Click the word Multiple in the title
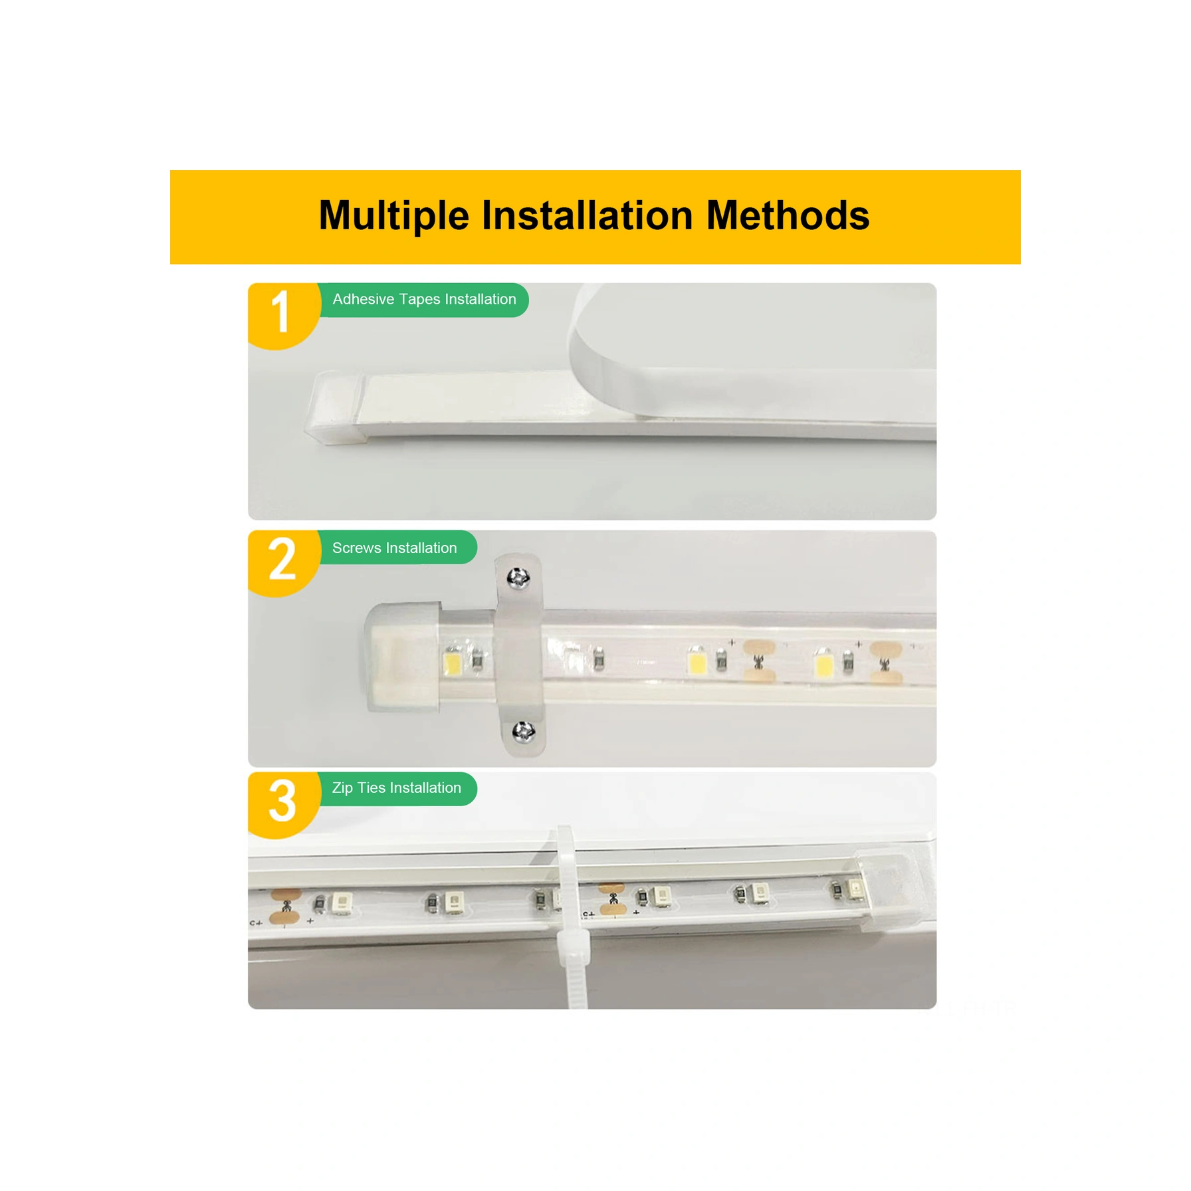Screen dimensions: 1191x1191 [393, 216]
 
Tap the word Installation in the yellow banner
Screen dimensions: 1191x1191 [588, 216]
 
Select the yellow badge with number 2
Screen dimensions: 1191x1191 [282, 560]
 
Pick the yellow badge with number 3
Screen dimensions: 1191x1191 [282, 802]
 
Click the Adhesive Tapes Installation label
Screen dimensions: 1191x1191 [424, 300]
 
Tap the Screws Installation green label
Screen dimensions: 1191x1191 [395, 548]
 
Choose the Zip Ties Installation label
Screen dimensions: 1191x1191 [397, 788]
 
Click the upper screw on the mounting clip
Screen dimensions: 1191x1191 [518, 578]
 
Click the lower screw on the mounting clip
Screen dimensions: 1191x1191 [524, 732]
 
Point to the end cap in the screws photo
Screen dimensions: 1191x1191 [401, 657]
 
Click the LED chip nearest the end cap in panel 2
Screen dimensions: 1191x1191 [453, 662]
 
